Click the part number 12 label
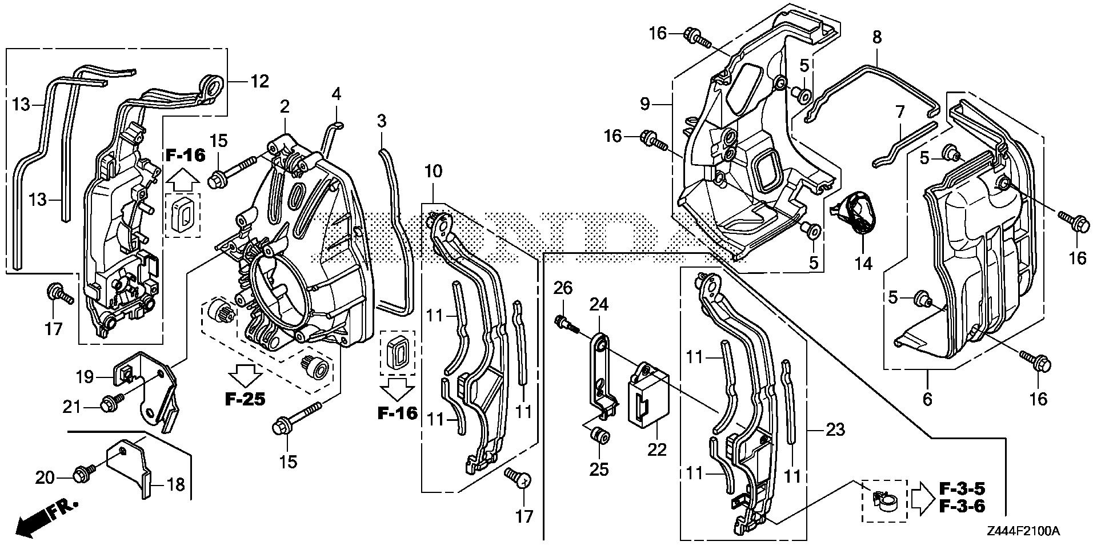(259, 81)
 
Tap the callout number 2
(284, 106)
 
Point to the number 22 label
(657, 449)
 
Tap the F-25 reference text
(245, 399)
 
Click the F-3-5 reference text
(963, 489)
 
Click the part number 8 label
(876, 38)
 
